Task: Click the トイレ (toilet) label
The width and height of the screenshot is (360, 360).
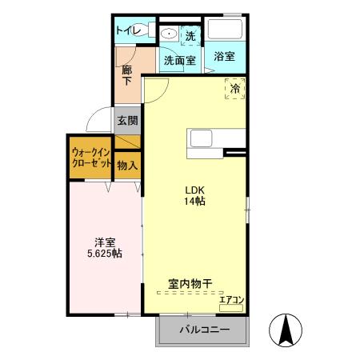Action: coord(128,30)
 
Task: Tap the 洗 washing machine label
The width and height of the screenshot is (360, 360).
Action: coord(190,35)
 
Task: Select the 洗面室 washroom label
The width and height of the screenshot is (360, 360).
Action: coord(179,59)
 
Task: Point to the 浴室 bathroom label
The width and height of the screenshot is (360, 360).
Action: coord(224,56)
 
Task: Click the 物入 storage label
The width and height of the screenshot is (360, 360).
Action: coord(127,166)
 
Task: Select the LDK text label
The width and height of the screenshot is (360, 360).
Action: coord(196,190)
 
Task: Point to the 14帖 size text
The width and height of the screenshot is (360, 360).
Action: coord(196,202)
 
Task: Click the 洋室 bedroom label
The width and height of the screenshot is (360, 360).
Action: coord(105,241)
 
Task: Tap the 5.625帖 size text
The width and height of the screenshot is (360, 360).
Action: coord(105,254)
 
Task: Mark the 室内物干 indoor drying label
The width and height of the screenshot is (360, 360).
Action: coord(190,283)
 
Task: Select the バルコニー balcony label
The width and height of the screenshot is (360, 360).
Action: coord(204,329)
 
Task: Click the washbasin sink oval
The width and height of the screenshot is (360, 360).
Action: coord(169,34)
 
